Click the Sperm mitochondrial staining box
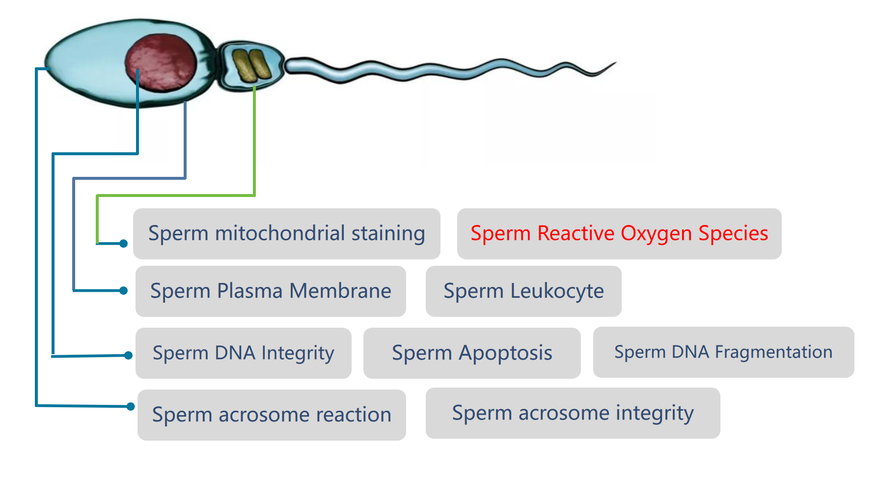pos(287,234)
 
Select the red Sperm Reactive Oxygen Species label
pos(619,234)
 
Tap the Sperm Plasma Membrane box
pos(271,291)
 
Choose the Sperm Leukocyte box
pos(523,291)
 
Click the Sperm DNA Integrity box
pos(244,353)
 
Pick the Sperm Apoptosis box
pos(472,353)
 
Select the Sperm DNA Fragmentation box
pos(724,352)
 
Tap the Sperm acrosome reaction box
pos(272,415)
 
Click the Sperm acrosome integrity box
pos(573,413)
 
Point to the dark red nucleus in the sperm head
pos(161,62)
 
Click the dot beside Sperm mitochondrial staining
pos(123,244)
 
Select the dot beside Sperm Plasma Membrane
pos(124,291)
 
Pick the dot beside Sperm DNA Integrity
pos(128,355)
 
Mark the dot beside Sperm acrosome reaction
pos(130,406)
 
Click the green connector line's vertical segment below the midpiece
pos(254,141)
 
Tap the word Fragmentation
pos(773,352)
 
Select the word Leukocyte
pos(557,291)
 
